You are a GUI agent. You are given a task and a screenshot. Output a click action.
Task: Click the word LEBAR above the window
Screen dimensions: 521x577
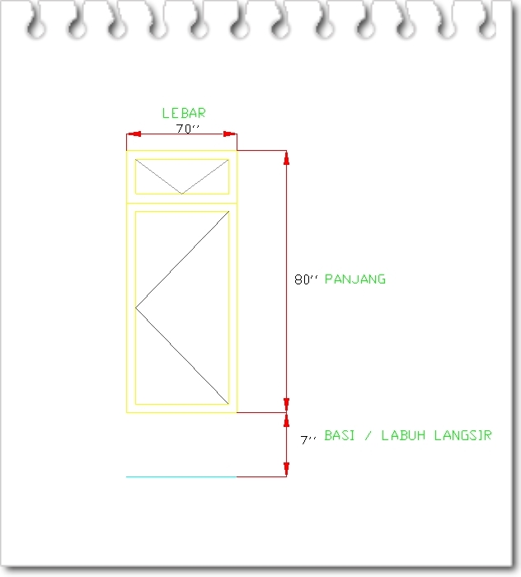coord(183,113)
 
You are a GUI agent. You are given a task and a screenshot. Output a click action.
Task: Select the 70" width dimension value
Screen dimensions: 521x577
coord(188,129)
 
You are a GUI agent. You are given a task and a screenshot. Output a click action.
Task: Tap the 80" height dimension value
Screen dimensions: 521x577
coord(306,279)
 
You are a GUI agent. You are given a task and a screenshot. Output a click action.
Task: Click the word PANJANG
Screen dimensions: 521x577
coord(355,279)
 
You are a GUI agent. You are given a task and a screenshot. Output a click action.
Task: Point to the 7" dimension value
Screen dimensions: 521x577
coord(308,441)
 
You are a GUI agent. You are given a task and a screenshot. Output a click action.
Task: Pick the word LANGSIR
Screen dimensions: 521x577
coord(463,435)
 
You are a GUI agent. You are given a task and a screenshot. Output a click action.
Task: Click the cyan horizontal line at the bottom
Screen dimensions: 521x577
coord(181,476)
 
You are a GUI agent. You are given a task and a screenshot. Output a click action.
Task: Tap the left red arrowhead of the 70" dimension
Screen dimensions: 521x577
coord(132,134)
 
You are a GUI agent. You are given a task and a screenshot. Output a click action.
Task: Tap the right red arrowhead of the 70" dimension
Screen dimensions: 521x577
coord(232,134)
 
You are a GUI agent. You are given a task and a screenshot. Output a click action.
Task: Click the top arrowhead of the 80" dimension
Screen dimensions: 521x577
coord(286,157)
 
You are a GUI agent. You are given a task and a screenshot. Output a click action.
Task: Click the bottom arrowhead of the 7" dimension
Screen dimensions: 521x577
coord(286,471)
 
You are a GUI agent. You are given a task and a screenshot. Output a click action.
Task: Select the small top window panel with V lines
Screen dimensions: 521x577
coord(181,176)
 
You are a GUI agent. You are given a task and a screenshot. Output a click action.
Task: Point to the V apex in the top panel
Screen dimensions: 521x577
coord(181,193)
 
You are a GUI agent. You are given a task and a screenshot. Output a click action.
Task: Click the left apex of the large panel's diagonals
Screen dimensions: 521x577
coord(137,307)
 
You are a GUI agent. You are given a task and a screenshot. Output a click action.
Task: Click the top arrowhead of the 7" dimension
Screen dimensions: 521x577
coord(286,419)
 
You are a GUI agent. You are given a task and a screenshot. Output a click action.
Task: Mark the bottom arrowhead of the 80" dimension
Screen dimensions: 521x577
coord(286,405)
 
